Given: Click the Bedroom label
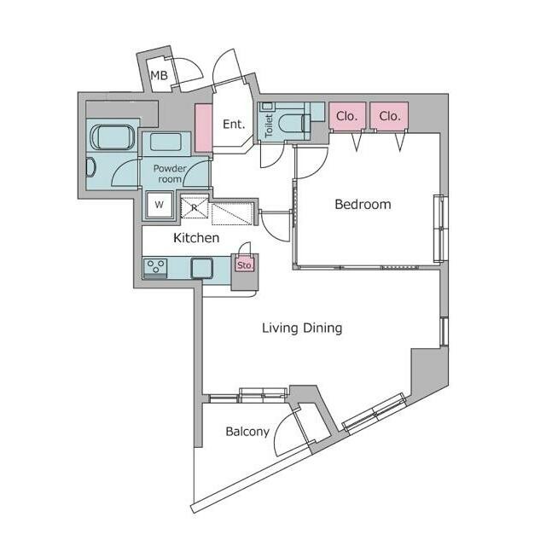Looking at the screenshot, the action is (x=363, y=205).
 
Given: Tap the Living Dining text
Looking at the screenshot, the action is (x=302, y=328).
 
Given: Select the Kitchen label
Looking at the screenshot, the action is (x=196, y=238).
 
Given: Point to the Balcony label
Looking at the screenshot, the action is (x=247, y=432).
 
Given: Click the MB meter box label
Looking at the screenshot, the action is (x=159, y=75).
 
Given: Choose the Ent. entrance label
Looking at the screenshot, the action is (x=234, y=124).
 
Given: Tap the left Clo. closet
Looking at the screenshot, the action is (x=347, y=116).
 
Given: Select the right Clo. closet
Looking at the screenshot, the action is (x=389, y=116).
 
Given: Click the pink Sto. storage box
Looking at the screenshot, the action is (x=245, y=265).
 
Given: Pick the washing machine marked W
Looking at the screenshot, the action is (x=160, y=205).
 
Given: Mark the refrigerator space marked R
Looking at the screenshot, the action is (x=195, y=207).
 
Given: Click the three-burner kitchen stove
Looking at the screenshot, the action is (x=155, y=267).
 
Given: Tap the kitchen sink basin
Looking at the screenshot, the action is (x=201, y=268).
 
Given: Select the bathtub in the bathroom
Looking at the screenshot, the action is (x=112, y=137).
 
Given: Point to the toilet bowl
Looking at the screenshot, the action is (x=293, y=124).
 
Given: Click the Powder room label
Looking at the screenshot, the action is (x=170, y=174).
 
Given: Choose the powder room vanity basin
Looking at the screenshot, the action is (x=166, y=142).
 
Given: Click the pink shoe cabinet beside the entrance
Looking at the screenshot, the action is (x=203, y=127).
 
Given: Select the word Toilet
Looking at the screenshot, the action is (x=269, y=125).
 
